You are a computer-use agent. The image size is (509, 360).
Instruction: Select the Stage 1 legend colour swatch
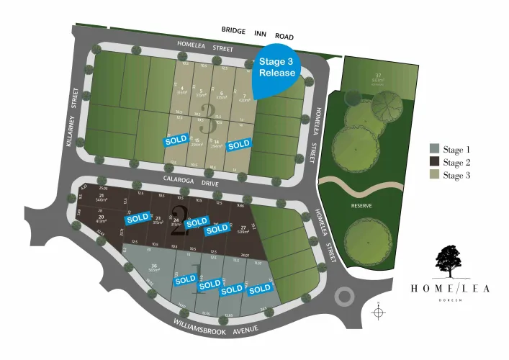pyautogui.click(x=434, y=148)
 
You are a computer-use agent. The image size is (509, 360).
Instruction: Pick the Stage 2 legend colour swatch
pyautogui.click(x=434, y=162)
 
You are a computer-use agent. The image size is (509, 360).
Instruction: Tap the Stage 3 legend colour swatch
pyautogui.click(x=434, y=175)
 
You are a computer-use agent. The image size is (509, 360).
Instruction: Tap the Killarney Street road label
pyautogui.click(x=72, y=120)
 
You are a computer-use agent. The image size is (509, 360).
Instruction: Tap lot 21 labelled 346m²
pyautogui.click(x=102, y=198)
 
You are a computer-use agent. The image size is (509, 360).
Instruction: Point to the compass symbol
pyautogui.click(x=379, y=313)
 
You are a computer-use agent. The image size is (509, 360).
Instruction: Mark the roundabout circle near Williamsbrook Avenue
pyautogui.click(x=344, y=297)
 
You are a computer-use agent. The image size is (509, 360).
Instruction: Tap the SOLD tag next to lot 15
pyautogui.click(x=176, y=140)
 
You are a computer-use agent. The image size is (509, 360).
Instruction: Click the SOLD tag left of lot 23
pyautogui.click(x=138, y=217)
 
